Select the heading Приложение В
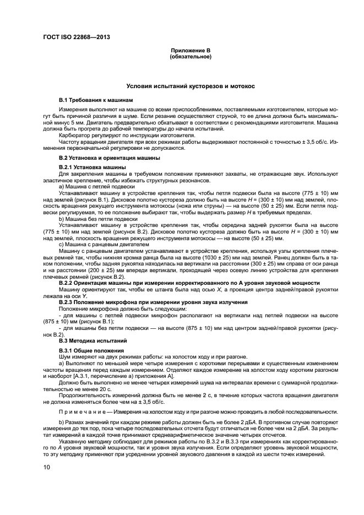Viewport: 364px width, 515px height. tap(191, 51)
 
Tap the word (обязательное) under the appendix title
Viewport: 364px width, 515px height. tap(191, 57)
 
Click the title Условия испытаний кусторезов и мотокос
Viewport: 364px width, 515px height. tap(191, 86)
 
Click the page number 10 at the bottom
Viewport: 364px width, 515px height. tap(47, 468)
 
